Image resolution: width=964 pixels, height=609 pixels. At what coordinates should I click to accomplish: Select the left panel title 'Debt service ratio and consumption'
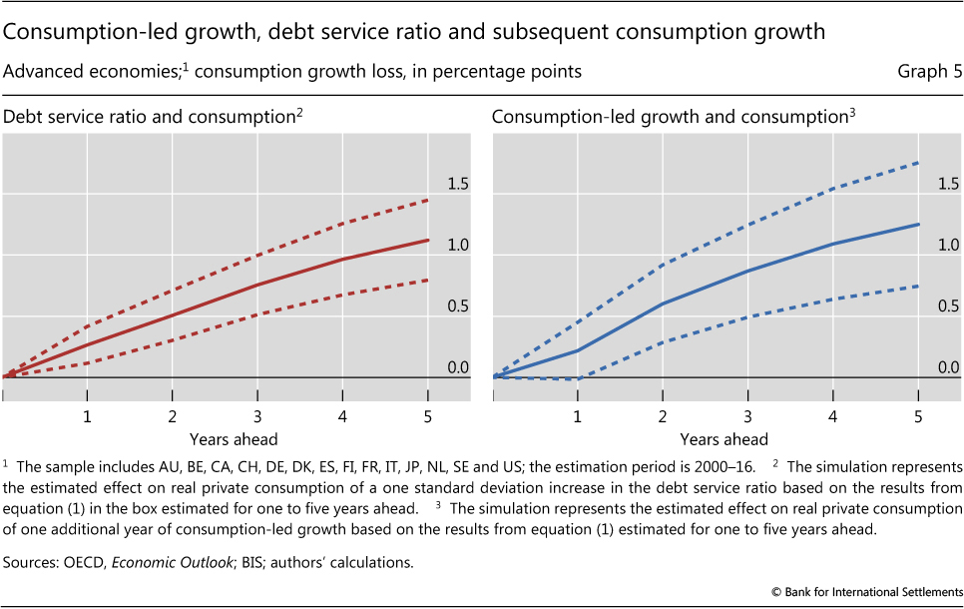(x=149, y=117)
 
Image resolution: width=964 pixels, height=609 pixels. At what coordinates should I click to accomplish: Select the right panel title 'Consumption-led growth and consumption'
(x=670, y=117)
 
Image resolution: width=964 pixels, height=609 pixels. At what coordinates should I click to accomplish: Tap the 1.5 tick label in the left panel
(x=457, y=184)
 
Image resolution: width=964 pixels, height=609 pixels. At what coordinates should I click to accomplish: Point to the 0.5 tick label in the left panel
(x=457, y=306)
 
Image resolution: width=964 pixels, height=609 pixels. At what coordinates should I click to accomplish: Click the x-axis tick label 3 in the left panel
(x=257, y=415)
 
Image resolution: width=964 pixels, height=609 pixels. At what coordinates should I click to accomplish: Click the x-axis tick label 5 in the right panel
(x=918, y=415)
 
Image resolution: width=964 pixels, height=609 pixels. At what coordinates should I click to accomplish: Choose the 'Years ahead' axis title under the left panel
(x=235, y=439)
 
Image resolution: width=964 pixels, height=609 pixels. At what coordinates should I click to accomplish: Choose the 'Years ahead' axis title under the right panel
(x=724, y=439)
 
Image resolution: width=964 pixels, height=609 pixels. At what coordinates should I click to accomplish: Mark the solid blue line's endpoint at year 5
(x=918, y=225)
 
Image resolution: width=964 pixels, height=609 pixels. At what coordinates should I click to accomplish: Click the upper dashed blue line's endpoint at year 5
(x=918, y=163)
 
